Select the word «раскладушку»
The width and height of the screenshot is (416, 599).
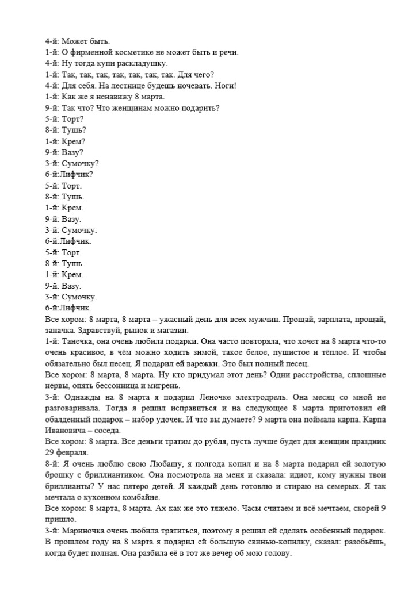(143, 63)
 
